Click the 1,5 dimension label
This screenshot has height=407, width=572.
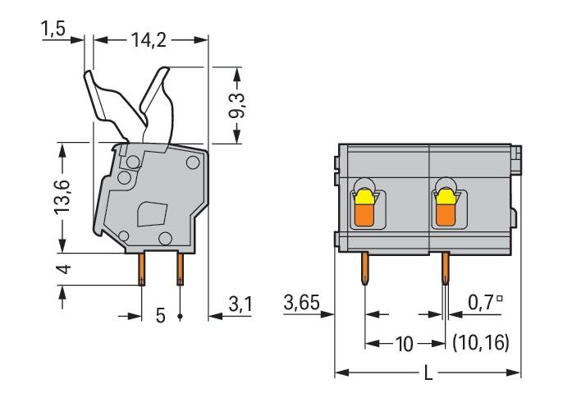[53, 30]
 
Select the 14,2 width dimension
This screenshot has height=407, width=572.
[149, 39]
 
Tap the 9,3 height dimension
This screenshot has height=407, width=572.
[238, 104]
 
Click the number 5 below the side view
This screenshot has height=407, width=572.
[160, 315]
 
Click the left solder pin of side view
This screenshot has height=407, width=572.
[141, 268]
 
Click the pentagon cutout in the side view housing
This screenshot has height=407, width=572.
[152, 215]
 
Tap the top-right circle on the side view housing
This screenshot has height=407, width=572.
[192, 162]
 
